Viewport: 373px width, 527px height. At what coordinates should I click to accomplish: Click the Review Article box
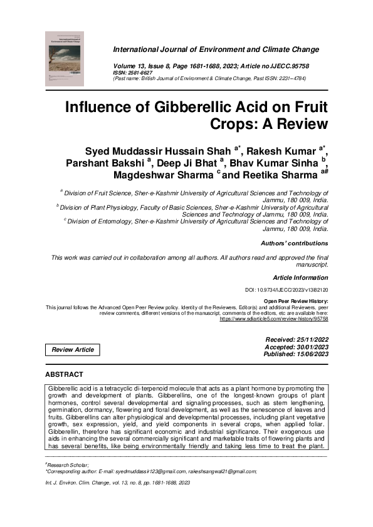tap(73, 349)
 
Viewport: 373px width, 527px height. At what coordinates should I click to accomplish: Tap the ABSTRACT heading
tap(63, 374)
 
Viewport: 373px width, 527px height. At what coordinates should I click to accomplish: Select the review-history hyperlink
tap(273, 319)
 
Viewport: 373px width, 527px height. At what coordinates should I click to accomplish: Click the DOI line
tap(286, 290)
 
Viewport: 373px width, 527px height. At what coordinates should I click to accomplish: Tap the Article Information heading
tap(300, 277)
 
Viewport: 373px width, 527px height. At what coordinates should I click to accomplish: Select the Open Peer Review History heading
tap(296, 302)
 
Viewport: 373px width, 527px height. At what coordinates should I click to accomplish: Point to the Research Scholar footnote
tap(71, 465)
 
